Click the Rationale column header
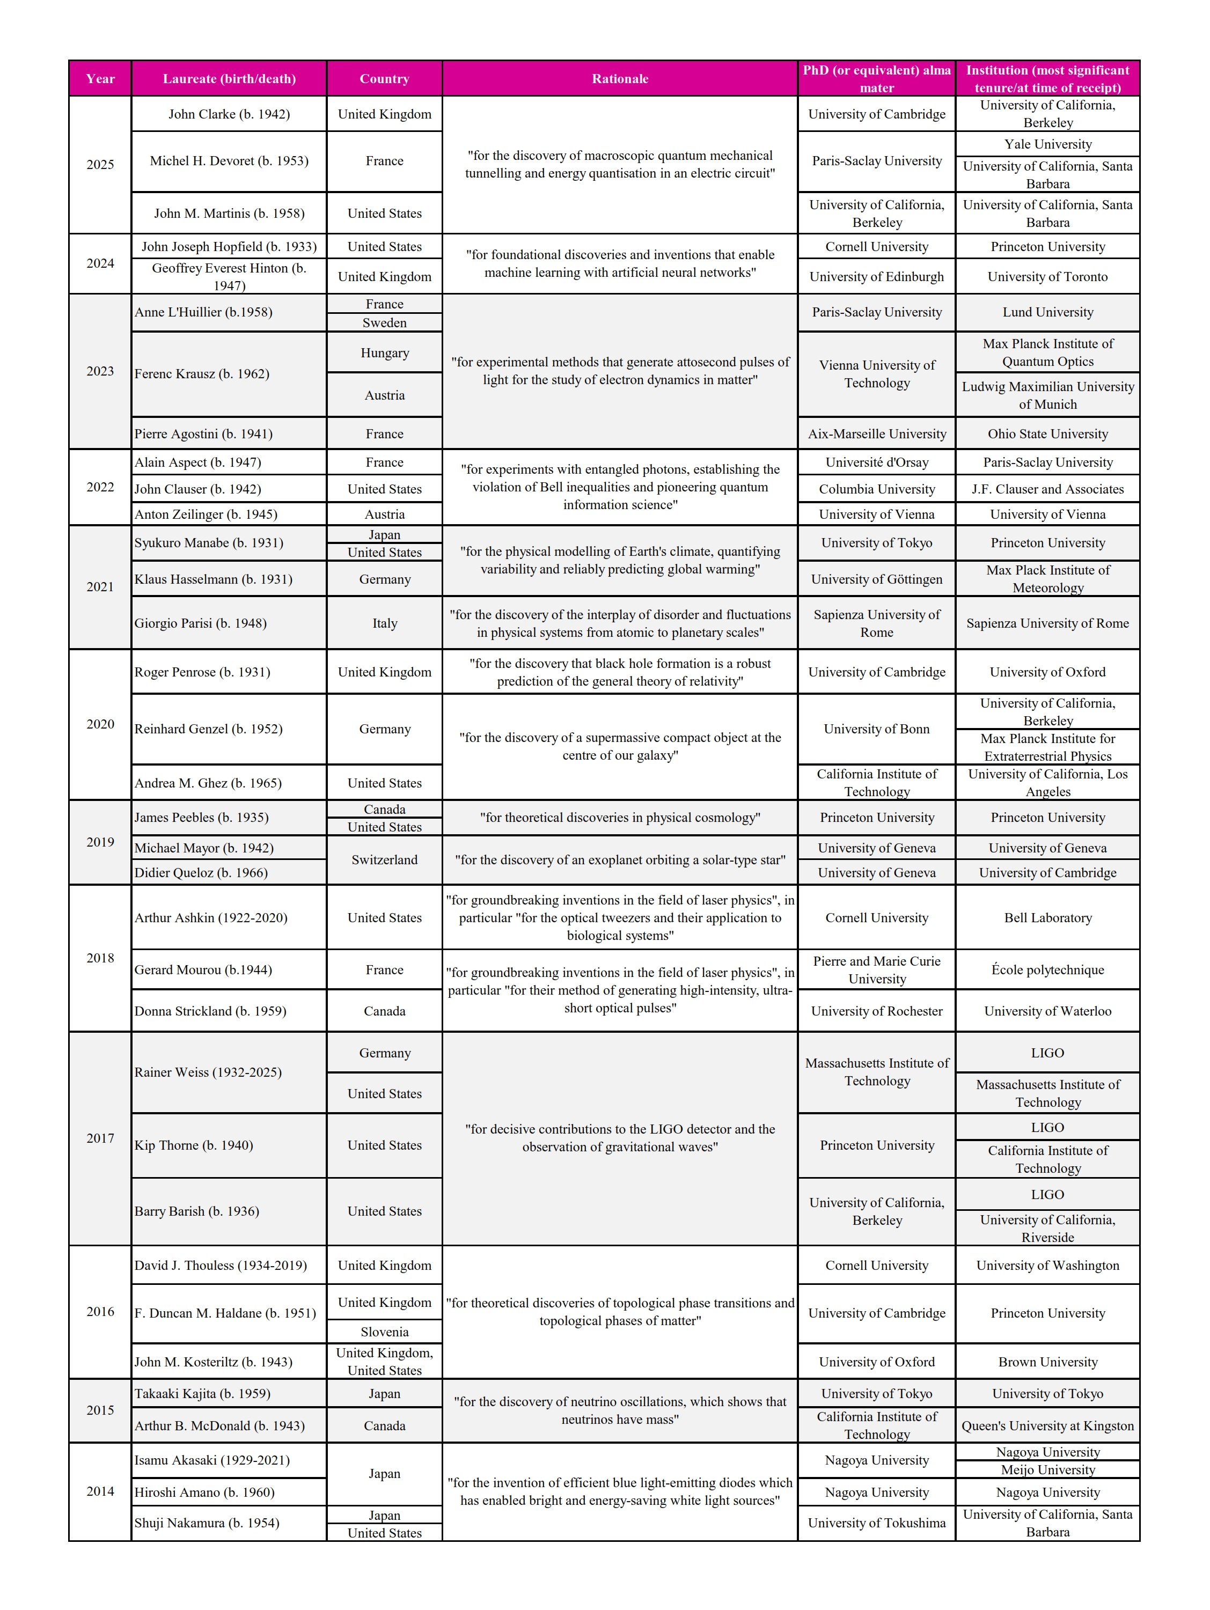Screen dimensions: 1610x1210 [620, 79]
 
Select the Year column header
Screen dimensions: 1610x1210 [100, 79]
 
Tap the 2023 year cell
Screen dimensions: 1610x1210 [100, 371]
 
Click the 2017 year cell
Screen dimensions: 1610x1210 [100, 1138]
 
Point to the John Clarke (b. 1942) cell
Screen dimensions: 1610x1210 [229, 114]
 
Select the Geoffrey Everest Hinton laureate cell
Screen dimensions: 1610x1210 [229, 277]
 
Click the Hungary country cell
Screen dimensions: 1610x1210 [384, 353]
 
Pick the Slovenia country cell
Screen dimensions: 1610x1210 [384, 1332]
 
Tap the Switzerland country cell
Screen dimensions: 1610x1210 [384, 859]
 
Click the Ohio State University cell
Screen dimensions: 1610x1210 [1047, 434]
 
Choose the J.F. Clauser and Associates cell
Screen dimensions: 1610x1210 [1047, 489]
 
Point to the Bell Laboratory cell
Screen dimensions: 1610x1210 [1047, 918]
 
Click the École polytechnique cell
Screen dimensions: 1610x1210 [1047, 969]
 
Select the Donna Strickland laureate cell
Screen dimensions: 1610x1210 [229, 1011]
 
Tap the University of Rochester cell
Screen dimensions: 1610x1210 [877, 1011]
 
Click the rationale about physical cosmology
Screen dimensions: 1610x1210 [620, 818]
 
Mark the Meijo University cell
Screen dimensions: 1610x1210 [1047, 1469]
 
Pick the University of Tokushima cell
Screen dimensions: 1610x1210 [877, 1523]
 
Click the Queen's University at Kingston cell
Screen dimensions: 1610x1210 [1047, 1426]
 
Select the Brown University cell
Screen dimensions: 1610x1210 [1047, 1362]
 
